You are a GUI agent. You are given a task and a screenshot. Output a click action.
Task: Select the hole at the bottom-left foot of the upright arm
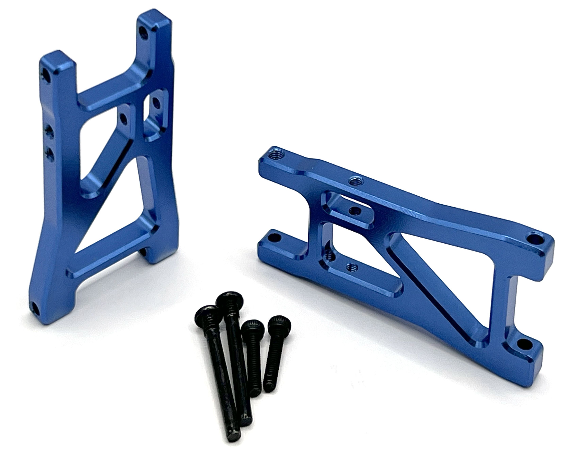click(34, 307)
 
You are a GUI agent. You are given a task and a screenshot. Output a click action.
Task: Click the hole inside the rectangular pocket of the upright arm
click(156, 103)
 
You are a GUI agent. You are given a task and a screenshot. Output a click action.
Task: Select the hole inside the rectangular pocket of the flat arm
click(353, 210)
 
